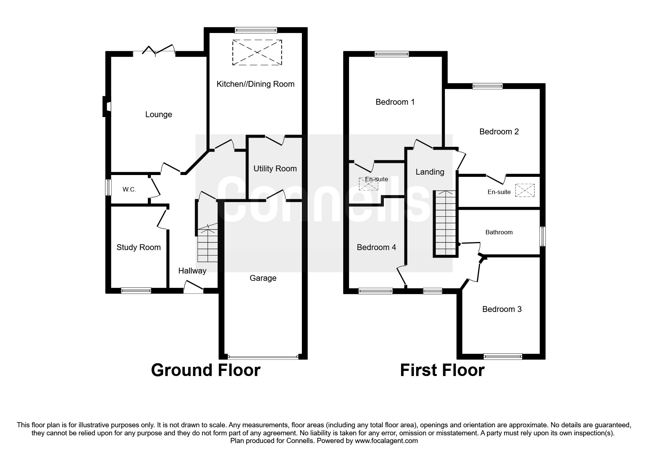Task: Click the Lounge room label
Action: click(158, 115)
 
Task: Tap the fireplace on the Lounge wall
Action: click(106, 106)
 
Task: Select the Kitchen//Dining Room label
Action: click(255, 84)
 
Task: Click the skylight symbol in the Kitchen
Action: click(257, 52)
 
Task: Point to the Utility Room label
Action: click(275, 169)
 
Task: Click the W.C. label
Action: click(129, 190)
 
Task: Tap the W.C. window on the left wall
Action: click(108, 187)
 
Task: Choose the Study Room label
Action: click(139, 248)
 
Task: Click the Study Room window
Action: click(136, 291)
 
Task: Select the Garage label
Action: click(263, 278)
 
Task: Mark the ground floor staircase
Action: click(207, 243)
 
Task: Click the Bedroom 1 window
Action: click(392, 54)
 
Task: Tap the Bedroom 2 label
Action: click(499, 132)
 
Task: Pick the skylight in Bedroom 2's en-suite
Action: click(525, 190)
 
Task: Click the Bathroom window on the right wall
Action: click(543, 237)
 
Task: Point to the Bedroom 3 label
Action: click(502, 309)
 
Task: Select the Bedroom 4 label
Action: click(377, 248)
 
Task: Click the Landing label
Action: click(430, 172)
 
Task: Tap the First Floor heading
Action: click(442, 370)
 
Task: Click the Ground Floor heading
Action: click(206, 370)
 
